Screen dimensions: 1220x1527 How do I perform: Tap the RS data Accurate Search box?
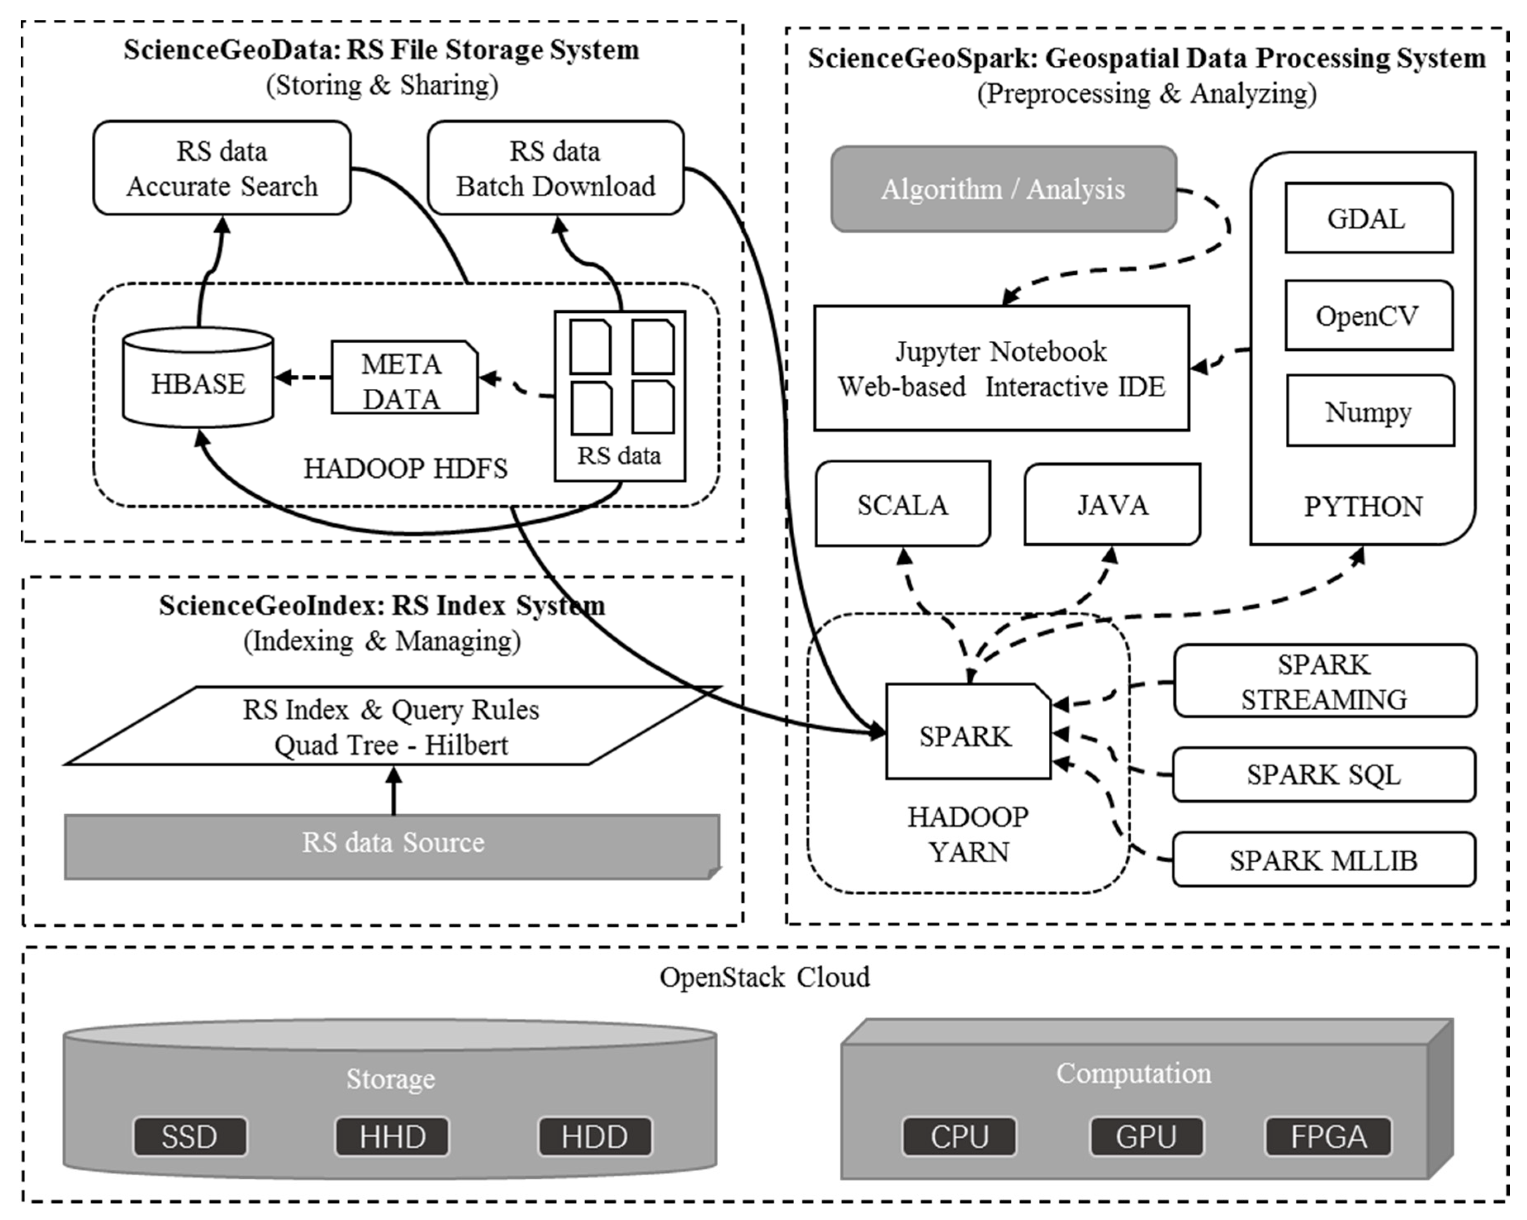(222, 169)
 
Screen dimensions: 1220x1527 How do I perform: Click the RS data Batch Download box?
(555, 169)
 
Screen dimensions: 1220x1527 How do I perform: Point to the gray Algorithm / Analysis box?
(1003, 189)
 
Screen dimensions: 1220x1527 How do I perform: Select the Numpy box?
(1370, 411)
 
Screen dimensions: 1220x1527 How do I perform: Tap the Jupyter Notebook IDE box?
(1001, 369)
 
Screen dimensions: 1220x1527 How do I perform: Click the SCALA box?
(902, 504)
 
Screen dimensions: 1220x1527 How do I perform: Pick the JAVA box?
(1112, 504)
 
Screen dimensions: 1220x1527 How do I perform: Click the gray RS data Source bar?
(392, 847)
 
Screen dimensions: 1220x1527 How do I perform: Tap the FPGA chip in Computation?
(1328, 1137)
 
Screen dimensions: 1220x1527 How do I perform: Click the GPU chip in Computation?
(1146, 1137)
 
